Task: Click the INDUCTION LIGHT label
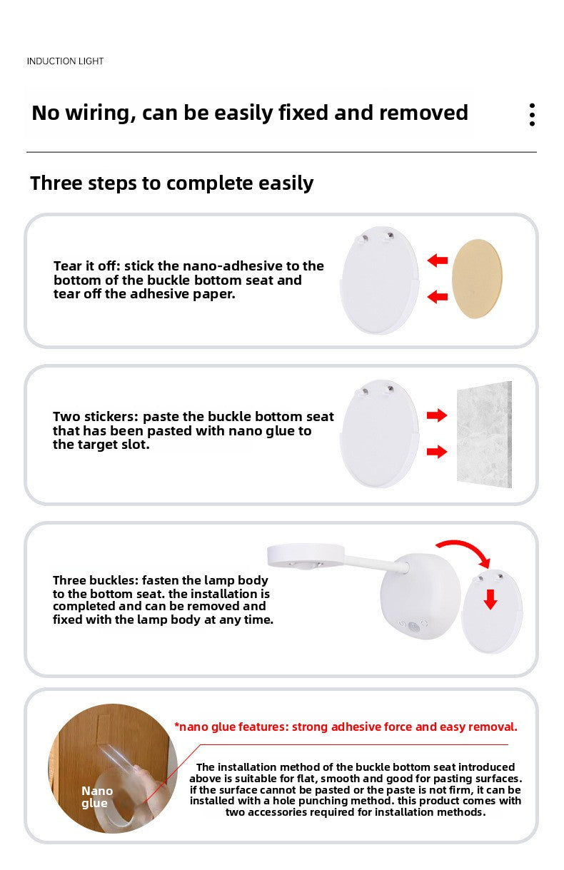(x=65, y=61)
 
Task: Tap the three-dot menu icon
(x=532, y=115)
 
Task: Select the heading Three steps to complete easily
(x=171, y=183)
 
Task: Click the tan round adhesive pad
(x=477, y=279)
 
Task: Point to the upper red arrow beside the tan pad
(x=438, y=261)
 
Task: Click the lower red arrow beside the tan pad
(x=438, y=297)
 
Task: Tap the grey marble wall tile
(x=484, y=434)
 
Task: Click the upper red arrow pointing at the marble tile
(x=437, y=415)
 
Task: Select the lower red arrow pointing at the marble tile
(x=437, y=451)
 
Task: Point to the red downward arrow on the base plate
(x=490, y=600)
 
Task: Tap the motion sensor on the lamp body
(x=413, y=625)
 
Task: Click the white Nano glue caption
(x=96, y=796)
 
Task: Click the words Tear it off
(x=87, y=266)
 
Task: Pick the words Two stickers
(x=96, y=417)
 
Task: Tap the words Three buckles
(x=96, y=580)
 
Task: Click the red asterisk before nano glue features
(x=177, y=724)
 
